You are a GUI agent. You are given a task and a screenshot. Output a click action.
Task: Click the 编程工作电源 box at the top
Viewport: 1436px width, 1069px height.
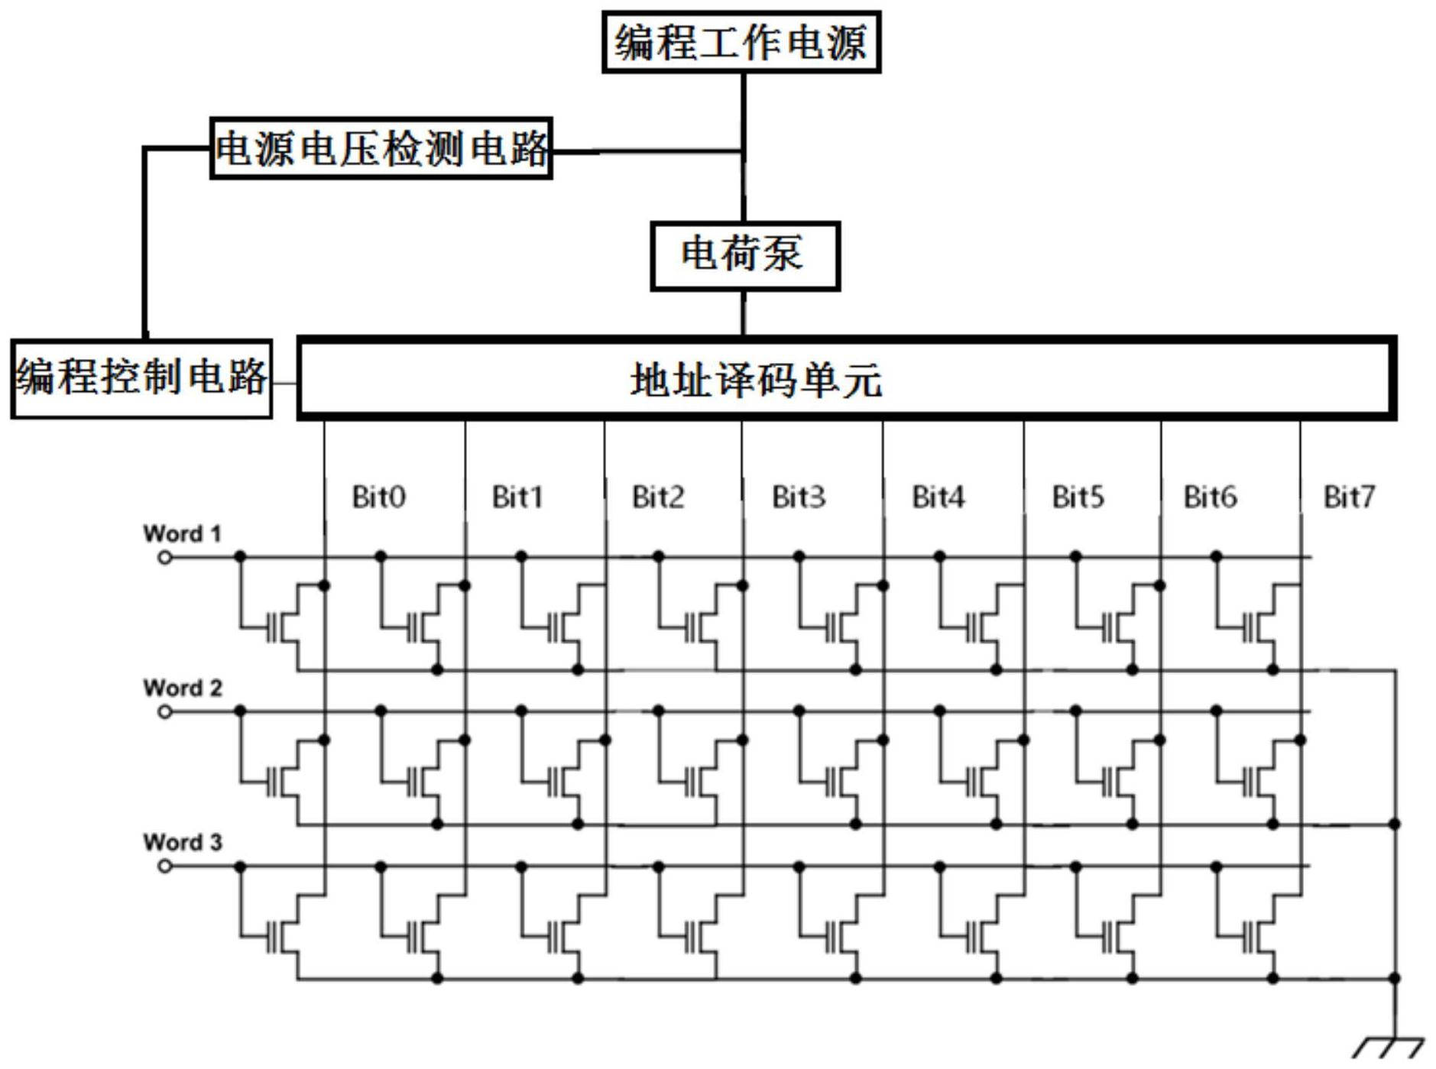click(x=741, y=42)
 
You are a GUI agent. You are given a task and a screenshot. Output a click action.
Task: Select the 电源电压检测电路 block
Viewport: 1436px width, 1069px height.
click(x=381, y=148)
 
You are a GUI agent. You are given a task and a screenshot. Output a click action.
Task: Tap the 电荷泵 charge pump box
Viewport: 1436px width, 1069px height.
click(x=745, y=256)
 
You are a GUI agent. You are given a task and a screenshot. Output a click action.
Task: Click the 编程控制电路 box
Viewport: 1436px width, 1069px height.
click(x=141, y=379)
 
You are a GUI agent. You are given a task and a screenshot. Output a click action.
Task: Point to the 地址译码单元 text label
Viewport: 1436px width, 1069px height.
click(x=756, y=380)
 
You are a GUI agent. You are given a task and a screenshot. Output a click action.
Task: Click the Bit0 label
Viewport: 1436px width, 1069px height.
click(x=378, y=497)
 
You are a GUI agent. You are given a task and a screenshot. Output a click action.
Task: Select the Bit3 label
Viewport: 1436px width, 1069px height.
click(x=799, y=497)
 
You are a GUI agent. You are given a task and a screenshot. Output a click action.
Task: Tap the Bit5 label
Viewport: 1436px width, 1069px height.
click(x=1078, y=497)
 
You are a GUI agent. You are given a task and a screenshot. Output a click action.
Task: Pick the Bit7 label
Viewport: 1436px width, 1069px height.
click(x=1349, y=497)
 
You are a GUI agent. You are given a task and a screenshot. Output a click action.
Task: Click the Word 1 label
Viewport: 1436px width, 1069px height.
click(x=182, y=533)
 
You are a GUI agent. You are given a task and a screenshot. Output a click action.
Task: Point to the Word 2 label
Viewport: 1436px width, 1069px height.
click(x=182, y=688)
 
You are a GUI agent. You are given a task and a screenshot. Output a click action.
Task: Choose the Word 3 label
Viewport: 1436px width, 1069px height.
click(x=182, y=842)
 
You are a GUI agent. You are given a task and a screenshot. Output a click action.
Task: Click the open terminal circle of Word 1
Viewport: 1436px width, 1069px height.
click(x=164, y=558)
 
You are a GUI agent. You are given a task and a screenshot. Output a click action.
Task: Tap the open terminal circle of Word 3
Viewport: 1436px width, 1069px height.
click(x=164, y=867)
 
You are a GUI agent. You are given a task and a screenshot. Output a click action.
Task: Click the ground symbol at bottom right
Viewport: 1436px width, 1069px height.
click(x=1389, y=1047)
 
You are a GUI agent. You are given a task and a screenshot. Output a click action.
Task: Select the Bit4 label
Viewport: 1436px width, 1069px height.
click(x=938, y=497)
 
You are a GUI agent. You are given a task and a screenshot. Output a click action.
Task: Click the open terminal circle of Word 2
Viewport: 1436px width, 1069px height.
click(x=164, y=712)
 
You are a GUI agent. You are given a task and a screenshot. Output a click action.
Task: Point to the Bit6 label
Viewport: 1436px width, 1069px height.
click(x=1211, y=497)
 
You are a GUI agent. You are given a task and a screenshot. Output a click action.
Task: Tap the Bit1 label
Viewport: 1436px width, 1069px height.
click(x=517, y=497)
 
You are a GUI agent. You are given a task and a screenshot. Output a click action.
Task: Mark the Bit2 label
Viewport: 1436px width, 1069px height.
click(x=658, y=497)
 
